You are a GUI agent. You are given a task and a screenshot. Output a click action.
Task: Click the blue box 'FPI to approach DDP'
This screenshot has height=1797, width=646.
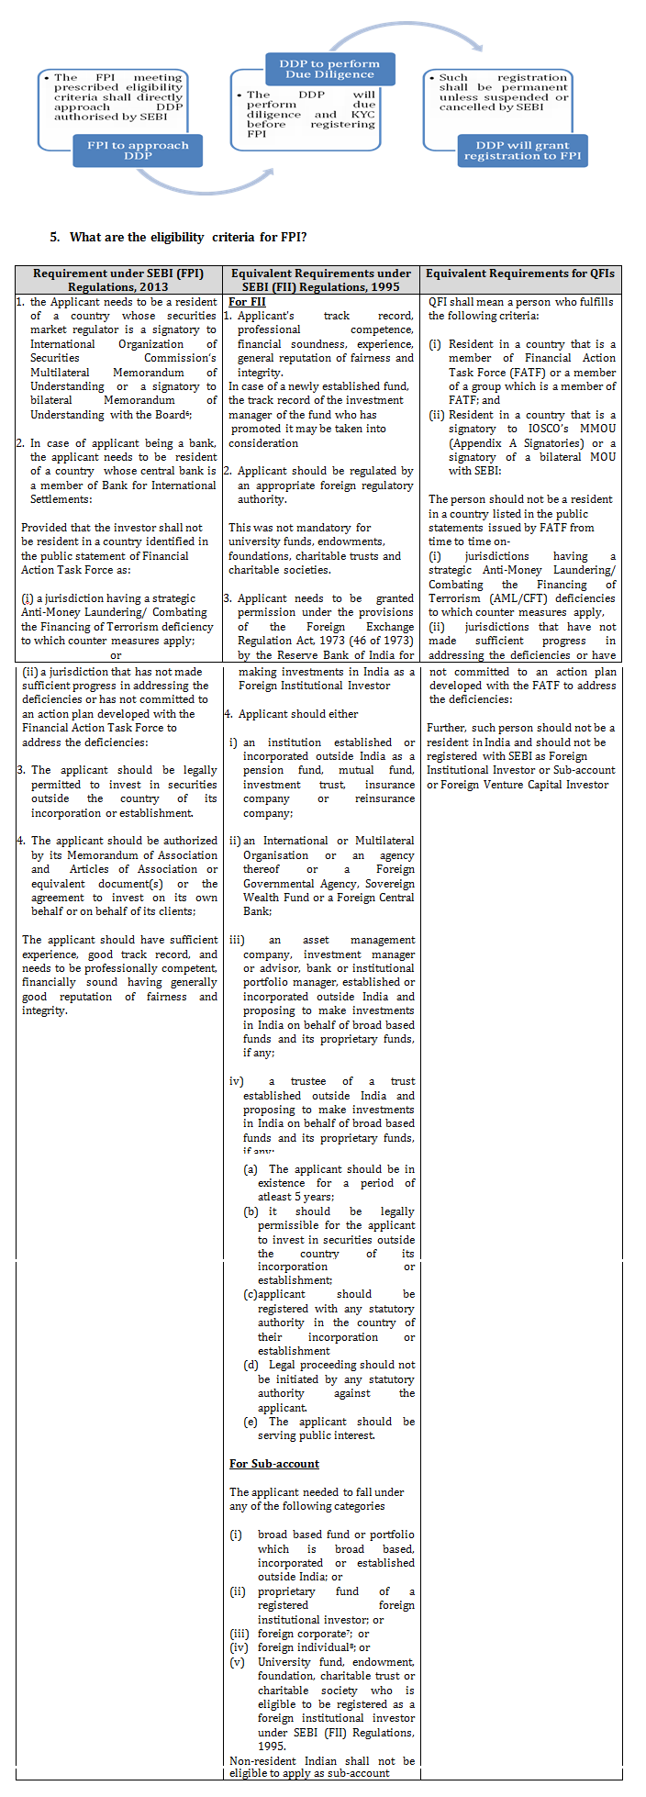(138, 151)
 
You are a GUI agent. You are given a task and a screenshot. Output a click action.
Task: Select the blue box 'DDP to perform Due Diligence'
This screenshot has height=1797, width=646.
(329, 70)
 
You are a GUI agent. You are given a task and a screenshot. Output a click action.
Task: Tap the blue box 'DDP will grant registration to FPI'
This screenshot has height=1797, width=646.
(522, 151)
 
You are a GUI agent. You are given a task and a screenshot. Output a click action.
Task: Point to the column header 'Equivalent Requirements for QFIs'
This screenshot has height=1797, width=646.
(520, 273)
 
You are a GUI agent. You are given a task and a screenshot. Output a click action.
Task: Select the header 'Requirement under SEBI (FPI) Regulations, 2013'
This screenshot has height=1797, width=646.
(118, 280)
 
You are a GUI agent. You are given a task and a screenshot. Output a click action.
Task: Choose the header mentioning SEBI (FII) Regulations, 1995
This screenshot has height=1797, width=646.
(321, 280)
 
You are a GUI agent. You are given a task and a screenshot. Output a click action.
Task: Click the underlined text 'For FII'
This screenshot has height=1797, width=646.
(247, 301)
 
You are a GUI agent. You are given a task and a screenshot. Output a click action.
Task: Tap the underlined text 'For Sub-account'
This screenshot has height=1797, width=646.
(274, 1464)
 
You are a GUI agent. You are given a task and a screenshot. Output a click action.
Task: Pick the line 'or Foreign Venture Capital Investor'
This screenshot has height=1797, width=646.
(518, 785)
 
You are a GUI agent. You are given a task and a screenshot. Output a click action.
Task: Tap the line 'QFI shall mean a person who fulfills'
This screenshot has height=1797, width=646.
(520, 301)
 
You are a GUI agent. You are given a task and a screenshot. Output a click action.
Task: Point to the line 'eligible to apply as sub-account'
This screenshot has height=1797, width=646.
(309, 1773)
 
